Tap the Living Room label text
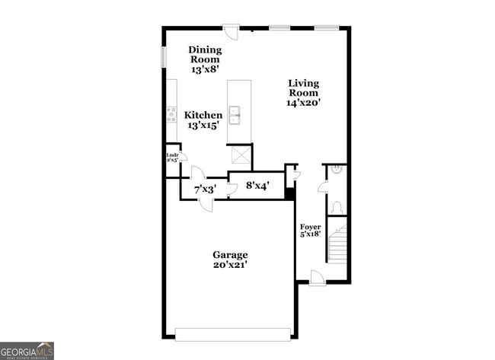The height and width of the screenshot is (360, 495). pos(303,92)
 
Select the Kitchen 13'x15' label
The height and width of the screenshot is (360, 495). pos(204,120)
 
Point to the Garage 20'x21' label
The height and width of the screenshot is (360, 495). pos(229,260)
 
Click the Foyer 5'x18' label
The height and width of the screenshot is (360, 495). pos(310,231)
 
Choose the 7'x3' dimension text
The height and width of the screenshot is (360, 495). pos(206,188)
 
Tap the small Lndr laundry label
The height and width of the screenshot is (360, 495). pos(172,158)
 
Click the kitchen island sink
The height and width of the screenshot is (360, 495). pos(236,115)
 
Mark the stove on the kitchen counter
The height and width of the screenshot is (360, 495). pos(171,115)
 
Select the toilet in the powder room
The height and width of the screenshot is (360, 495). pos(337,206)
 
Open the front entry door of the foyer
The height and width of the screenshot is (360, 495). pos(318,278)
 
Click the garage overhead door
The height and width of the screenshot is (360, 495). pos(232,333)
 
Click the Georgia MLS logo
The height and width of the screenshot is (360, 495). pos(27,350)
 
